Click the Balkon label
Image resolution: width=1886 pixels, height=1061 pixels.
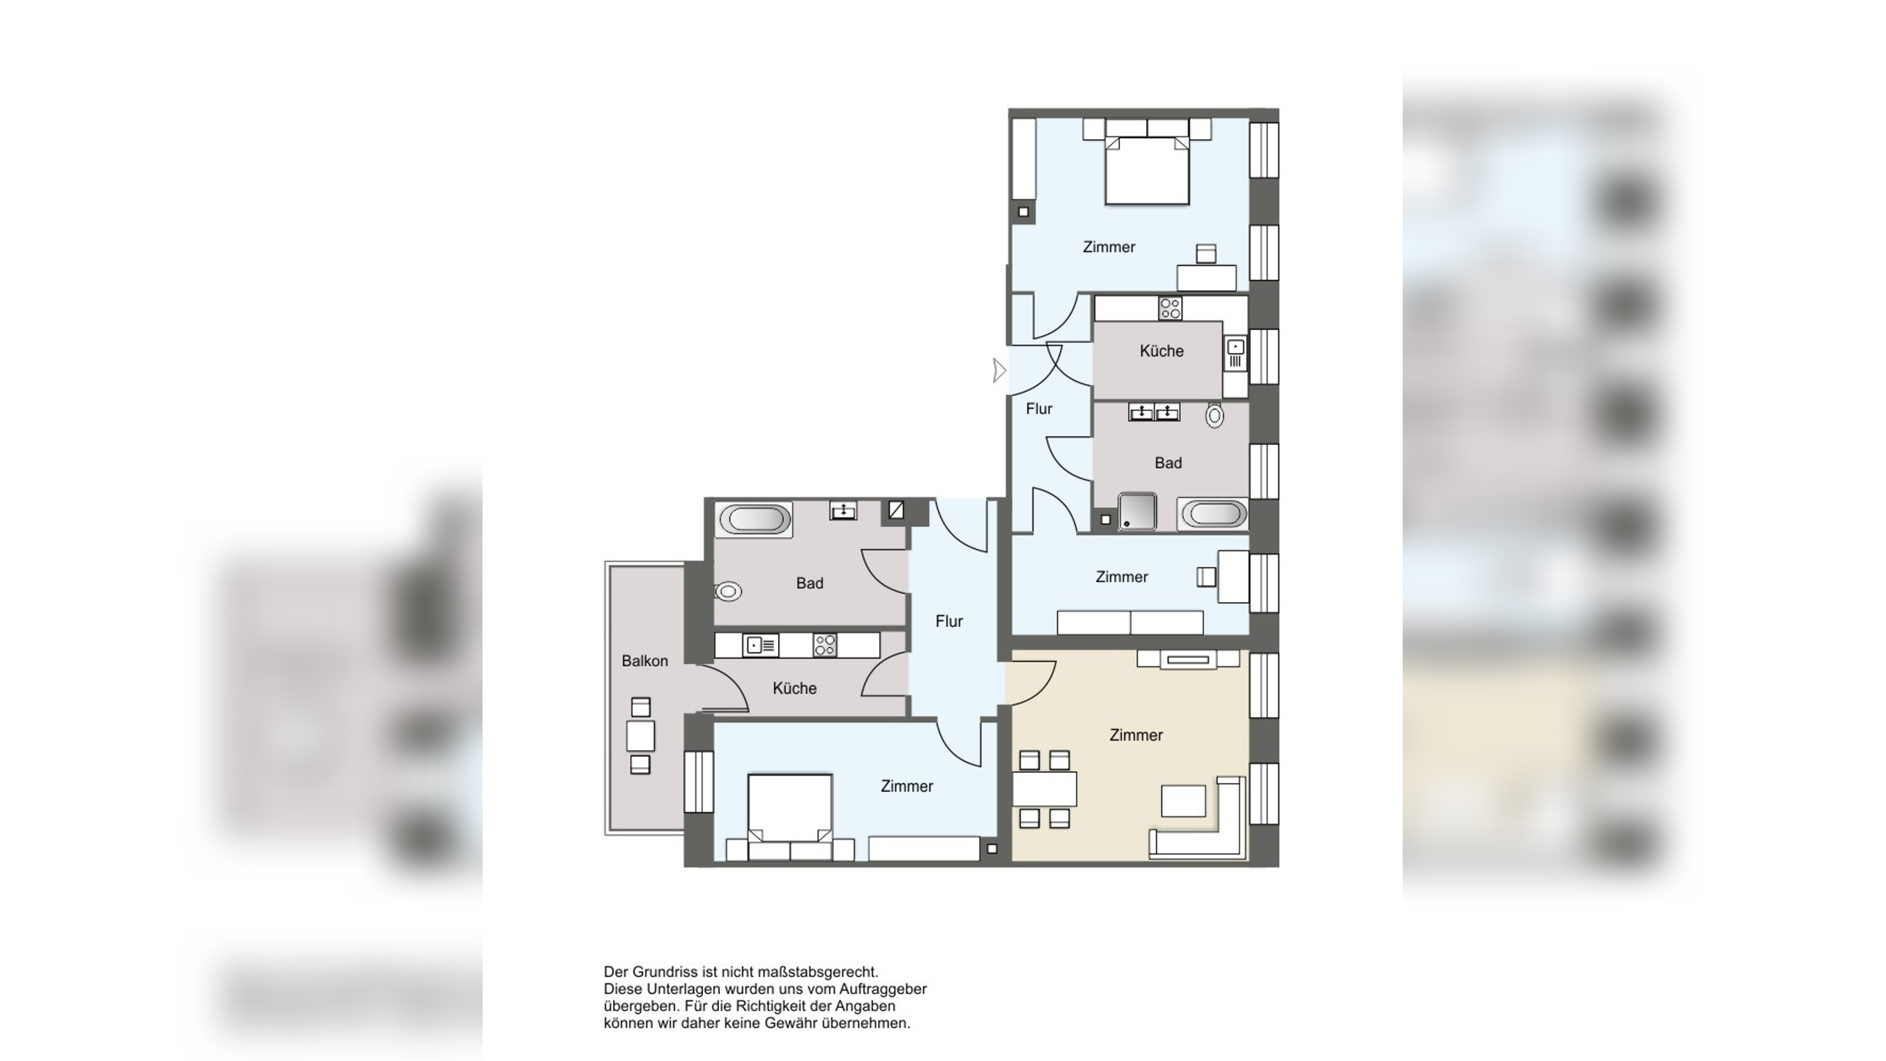[x=645, y=661]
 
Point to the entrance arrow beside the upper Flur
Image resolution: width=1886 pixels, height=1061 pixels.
[x=999, y=370]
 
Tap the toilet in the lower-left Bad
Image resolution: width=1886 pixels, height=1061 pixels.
[x=728, y=591]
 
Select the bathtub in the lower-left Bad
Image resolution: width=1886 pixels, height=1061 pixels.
[x=754, y=519]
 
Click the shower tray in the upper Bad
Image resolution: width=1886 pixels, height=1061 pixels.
[x=1137, y=511]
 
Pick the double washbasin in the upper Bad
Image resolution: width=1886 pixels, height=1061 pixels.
[x=1154, y=412]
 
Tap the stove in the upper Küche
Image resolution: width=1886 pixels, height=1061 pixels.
[x=1170, y=308]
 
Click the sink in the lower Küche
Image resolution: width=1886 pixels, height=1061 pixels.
[x=760, y=645]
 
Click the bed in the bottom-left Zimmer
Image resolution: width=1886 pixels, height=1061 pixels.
[x=790, y=808]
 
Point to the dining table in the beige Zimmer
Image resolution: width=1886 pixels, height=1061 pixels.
[x=1044, y=788]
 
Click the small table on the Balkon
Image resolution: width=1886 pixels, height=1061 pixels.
[x=640, y=736]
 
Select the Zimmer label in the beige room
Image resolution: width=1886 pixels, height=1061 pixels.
[x=1136, y=735]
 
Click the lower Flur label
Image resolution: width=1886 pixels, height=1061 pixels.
[x=949, y=621]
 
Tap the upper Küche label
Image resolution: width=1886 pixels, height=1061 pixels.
[x=1162, y=351]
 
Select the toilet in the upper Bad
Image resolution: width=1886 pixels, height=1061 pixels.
[x=1215, y=416]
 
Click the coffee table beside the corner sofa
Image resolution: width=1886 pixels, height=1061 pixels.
[x=1183, y=800]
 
